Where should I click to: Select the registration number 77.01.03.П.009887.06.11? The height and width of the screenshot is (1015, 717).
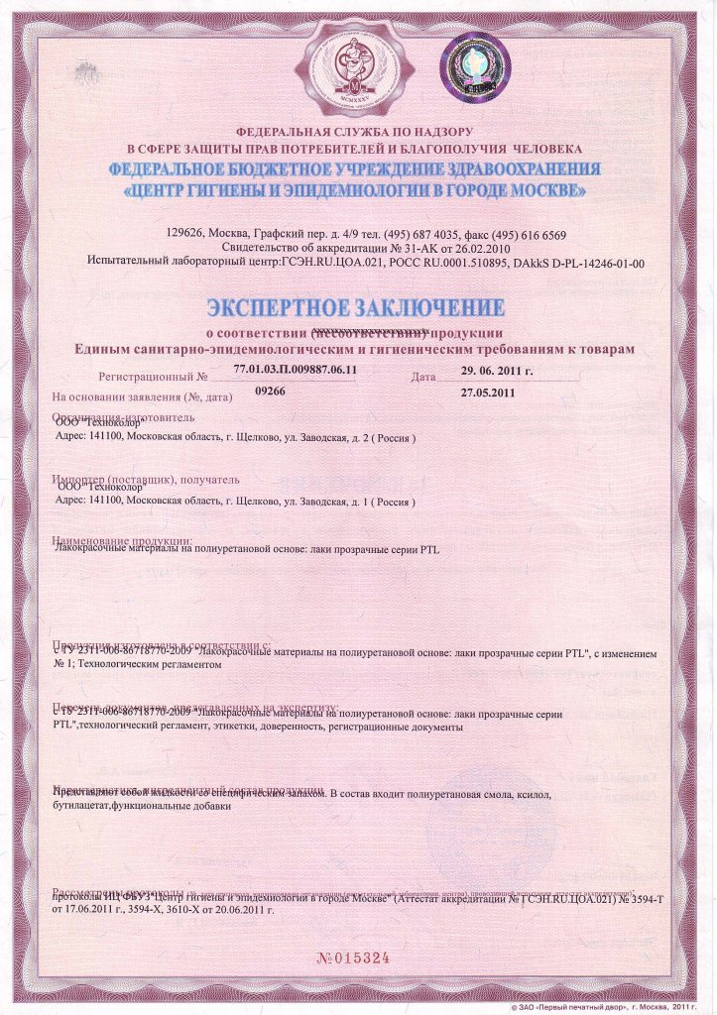tap(295, 369)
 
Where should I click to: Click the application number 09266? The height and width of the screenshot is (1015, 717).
tap(270, 393)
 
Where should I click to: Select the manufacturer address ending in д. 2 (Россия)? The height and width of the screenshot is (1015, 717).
tap(234, 438)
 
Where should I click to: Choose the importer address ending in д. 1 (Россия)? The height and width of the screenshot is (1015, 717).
tap(234, 501)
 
